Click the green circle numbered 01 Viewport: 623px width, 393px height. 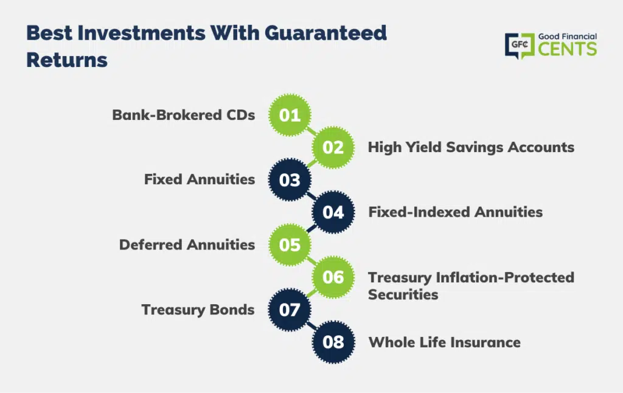(x=290, y=115)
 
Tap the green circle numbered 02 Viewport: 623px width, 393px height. (x=333, y=147)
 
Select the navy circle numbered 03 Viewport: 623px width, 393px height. (x=290, y=179)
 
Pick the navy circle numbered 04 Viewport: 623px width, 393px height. (x=333, y=212)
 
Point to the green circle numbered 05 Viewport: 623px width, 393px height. (x=290, y=245)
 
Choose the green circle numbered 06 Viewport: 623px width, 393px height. (x=333, y=277)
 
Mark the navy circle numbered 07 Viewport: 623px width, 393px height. (x=290, y=310)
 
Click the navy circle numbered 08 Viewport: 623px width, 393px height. (x=333, y=342)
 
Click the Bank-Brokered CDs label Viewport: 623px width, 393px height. (x=184, y=115)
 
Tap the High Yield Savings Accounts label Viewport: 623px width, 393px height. (x=471, y=147)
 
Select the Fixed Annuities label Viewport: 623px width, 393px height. (x=200, y=179)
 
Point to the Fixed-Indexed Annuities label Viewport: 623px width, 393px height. (x=455, y=212)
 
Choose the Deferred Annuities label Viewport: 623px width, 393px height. (x=187, y=245)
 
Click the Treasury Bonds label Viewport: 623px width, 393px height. (x=198, y=310)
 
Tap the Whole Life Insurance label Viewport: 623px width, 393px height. (x=445, y=342)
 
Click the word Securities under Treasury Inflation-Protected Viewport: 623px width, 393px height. (x=403, y=294)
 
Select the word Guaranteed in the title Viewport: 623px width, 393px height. (x=326, y=33)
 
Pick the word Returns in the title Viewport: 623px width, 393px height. (x=67, y=60)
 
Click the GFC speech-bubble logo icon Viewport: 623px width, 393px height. (x=520, y=46)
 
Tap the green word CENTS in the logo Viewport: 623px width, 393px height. (x=568, y=49)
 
